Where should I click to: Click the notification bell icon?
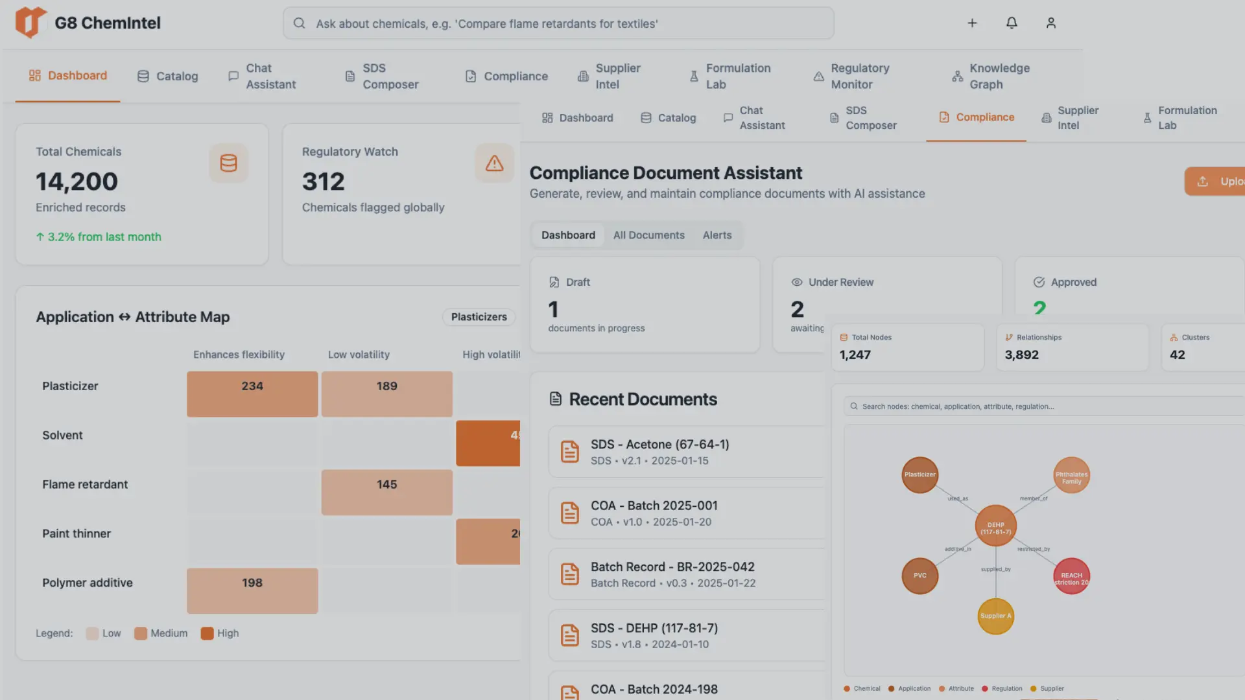pyautogui.click(x=1012, y=23)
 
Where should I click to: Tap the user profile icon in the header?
pyautogui.click(x=1051, y=23)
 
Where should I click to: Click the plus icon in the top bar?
pyautogui.click(x=972, y=23)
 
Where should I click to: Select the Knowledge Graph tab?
pyautogui.click(x=990, y=76)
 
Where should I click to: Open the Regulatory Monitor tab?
pyautogui.click(x=851, y=76)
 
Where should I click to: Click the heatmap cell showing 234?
pyautogui.click(x=252, y=393)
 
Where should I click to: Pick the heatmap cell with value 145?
pyautogui.click(x=386, y=492)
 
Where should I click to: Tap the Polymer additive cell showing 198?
pyautogui.click(x=252, y=590)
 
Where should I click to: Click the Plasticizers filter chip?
pyautogui.click(x=479, y=317)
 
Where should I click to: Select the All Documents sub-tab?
pyautogui.click(x=648, y=235)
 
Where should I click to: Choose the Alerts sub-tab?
pyautogui.click(x=717, y=235)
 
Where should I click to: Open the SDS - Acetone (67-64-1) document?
pyautogui.click(x=659, y=452)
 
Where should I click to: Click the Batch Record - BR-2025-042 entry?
pyautogui.click(x=672, y=574)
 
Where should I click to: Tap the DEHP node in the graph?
pyautogui.click(x=995, y=526)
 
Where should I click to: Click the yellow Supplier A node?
pyautogui.click(x=995, y=616)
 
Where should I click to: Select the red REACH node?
pyautogui.click(x=1071, y=576)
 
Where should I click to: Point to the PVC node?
pyautogui.click(x=919, y=576)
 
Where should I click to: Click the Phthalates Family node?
pyautogui.click(x=1071, y=476)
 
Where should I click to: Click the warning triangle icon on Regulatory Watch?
pyautogui.click(x=494, y=163)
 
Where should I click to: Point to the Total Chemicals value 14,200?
pyautogui.click(x=77, y=182)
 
